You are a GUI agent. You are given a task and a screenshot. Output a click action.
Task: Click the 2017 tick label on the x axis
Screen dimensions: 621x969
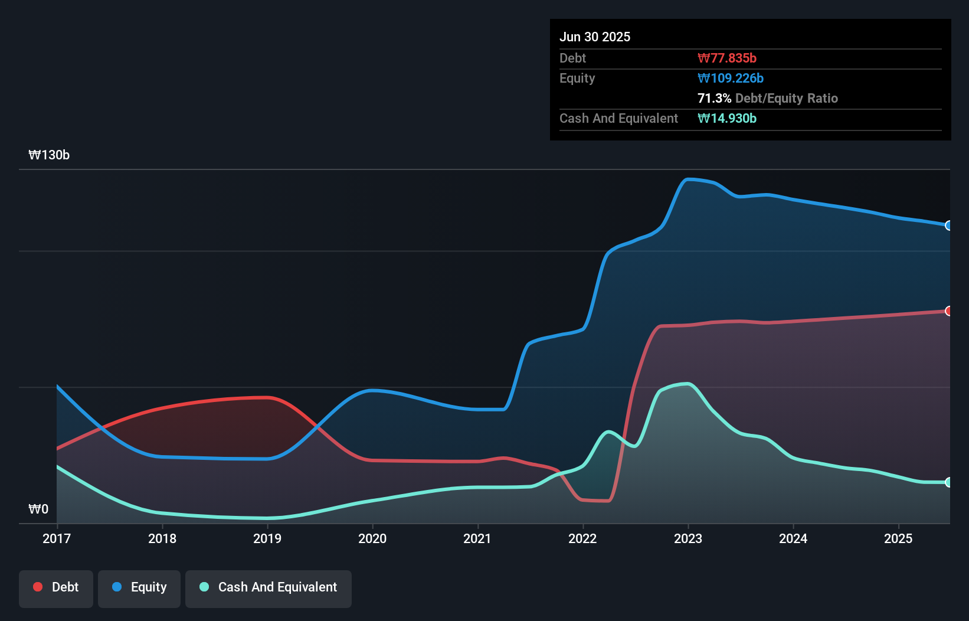57,538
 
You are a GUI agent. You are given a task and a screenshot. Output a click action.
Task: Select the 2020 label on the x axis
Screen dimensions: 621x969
372,538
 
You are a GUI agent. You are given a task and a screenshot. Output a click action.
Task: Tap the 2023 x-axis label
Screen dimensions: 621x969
688,538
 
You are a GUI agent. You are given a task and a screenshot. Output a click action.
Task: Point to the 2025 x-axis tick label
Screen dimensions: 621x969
898,538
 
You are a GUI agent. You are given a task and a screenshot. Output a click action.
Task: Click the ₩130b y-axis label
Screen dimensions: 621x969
49,155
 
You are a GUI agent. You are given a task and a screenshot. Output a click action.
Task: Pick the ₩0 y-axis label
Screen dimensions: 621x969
38,509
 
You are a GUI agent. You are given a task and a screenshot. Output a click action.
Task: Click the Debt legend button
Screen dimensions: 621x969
56,587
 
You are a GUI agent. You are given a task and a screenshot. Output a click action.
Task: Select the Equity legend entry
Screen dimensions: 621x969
139,587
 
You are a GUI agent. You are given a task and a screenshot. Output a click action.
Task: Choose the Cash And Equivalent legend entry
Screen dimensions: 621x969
269,587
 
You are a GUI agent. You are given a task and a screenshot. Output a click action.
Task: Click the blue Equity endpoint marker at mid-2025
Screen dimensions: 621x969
948,225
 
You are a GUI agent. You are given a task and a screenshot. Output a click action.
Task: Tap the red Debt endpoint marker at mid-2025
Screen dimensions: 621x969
948,311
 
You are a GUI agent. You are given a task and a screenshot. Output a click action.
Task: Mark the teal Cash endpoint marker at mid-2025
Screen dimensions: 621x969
948,482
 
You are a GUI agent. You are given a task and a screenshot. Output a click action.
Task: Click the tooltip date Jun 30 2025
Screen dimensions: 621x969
595,37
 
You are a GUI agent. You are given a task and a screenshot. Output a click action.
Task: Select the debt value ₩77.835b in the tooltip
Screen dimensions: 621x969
727,58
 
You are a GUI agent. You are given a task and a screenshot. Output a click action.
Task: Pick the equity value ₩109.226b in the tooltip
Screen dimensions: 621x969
731,78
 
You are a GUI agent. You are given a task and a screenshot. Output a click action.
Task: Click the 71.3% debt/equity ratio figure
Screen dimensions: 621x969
714,98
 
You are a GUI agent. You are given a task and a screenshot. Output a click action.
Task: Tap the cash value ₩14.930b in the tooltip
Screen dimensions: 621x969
727,118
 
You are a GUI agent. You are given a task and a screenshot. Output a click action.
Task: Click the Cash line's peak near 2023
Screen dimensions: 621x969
687,384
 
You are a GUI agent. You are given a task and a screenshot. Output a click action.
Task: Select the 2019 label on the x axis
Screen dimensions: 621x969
267,538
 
